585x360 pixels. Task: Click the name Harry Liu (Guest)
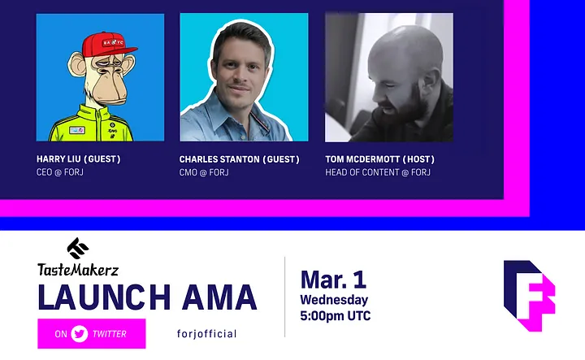click(78, 159)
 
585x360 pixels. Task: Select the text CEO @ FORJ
click(59, 172)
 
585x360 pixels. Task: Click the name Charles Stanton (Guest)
click(239, 159)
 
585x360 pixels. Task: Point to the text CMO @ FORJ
click(204, 173)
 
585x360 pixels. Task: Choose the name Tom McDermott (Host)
click(379, 159)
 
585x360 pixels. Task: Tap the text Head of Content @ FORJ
click(378, 173)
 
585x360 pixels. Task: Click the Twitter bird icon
click(80, 333)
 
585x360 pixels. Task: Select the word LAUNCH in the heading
click(105, 297)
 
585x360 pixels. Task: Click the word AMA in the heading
click(219, 297)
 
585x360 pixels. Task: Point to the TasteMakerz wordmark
click(78, 269)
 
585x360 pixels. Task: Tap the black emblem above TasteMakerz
click(78, 248)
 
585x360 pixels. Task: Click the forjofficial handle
click(206, 333)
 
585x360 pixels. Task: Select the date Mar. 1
click(333, 280)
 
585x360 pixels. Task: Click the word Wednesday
click(334, 300)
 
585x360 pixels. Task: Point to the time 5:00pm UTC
click(336, 315)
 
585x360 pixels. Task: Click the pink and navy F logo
click(530, 296)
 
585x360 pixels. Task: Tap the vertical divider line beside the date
click(285, 297)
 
